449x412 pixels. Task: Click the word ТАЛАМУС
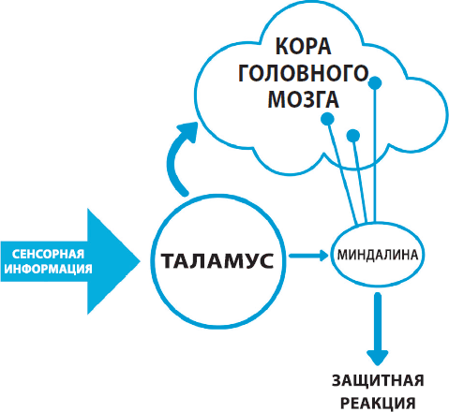click(x=217, y=260)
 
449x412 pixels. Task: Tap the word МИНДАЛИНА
click(x=378, y=255)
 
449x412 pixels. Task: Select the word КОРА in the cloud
click(x=303, y=47)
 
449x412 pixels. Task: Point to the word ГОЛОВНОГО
click(x=304, y=73)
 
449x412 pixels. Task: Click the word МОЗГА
click(x=304, y=99)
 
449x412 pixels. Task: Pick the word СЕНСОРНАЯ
click(x=48, y=254)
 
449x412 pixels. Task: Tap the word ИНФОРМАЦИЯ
click(x=48, y=269)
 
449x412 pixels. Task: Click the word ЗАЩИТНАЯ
click(x=378, y=381)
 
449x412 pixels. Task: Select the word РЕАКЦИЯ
click(x=378, y=404)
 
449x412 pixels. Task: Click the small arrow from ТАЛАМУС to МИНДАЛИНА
click(x=308, y=256)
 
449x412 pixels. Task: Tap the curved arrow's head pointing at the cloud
click(x=188, y=131)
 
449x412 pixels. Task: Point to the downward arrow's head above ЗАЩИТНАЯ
click(x=378, y=358)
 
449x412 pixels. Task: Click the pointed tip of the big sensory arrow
click(x=140, y=261)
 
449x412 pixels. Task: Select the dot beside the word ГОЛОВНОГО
click(x=375, y=83)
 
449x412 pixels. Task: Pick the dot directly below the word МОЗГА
click(x=327, y=119)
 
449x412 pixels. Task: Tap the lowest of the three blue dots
click(x=353, y=135)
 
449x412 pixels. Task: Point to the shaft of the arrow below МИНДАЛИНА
click(x=378, y=321)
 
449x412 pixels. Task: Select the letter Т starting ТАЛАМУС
click(x=168, y=261)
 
